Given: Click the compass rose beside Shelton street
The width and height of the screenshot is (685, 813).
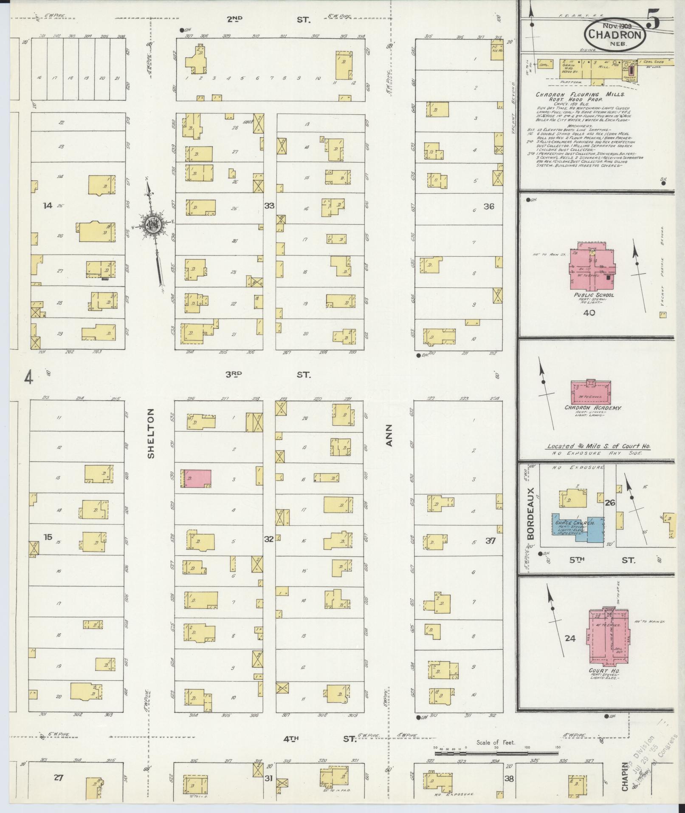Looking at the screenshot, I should pyautogui.click(x=152, y=226).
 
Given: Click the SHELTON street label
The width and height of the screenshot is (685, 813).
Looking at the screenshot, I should pyautogui.click(x=151, y=433).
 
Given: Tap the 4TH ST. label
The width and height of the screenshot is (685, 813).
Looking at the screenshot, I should pyautogui.click(x=319, y=739).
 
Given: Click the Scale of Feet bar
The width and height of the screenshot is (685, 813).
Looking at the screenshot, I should pyautogui.click(x=495, y=752).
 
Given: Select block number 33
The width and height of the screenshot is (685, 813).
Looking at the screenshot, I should pyautogui.click(x=269, y=206).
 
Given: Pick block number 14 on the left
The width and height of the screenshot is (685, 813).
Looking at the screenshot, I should pyautogui.click(x=48, y=206).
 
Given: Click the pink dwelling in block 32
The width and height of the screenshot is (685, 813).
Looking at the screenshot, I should pyautogui.click(x=196, y=479).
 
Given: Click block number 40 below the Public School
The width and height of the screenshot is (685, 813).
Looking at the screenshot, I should pyautogui.click(x=589, y=313).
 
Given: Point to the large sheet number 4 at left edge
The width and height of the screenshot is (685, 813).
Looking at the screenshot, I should pyautogui.click(x=28, y=378).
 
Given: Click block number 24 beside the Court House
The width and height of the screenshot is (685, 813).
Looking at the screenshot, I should pyautogui.click(x=570, y=638).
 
